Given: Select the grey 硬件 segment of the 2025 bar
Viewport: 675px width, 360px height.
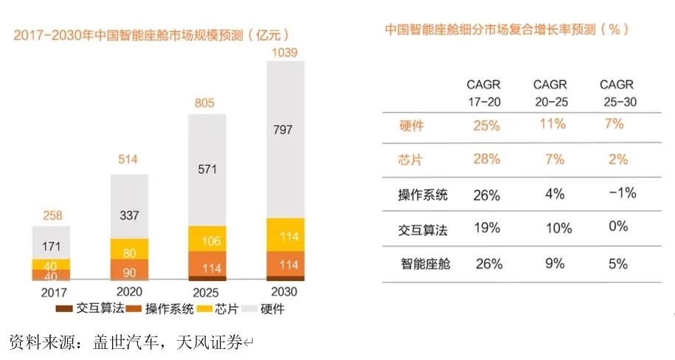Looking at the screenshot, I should coord(207,168).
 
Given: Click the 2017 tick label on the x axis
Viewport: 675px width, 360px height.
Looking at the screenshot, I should coord(50,291).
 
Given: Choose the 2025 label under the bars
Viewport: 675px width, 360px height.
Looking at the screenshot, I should coord(207,291).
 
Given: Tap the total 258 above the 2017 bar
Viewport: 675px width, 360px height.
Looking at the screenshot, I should coord(50,216).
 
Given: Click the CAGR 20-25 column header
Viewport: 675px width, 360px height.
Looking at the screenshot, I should coord(550,92).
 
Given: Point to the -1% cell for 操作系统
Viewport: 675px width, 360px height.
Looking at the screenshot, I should coord(617,193).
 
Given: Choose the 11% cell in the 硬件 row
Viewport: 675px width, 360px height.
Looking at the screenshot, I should coord(550,125).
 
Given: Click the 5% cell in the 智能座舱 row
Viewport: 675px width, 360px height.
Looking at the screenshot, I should coord(617,263).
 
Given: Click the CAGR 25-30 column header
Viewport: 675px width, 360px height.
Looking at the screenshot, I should coord(617,92).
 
